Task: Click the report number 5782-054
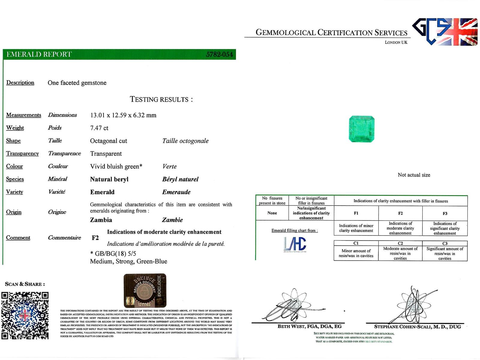[219, 54]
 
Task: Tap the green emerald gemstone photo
[362, 129]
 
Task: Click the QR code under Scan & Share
[25, 316]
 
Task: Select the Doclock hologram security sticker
[145, 290]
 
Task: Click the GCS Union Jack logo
[445, 32]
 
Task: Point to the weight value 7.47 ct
[99, 128]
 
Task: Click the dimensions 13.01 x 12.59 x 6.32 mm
[123, 115]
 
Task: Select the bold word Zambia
[101, 220]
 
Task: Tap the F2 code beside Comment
[95, 238]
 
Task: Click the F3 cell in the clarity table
[445, 213]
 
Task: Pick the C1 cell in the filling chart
[356, 243]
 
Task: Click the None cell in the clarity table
[272, 213]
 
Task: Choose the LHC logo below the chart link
[295, 244]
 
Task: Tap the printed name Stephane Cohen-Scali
[417, 327]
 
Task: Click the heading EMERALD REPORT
[39, 54]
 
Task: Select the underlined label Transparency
[22, 154]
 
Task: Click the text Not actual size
[414, 175]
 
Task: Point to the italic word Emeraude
[176, 192]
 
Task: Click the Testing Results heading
[161, 99]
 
